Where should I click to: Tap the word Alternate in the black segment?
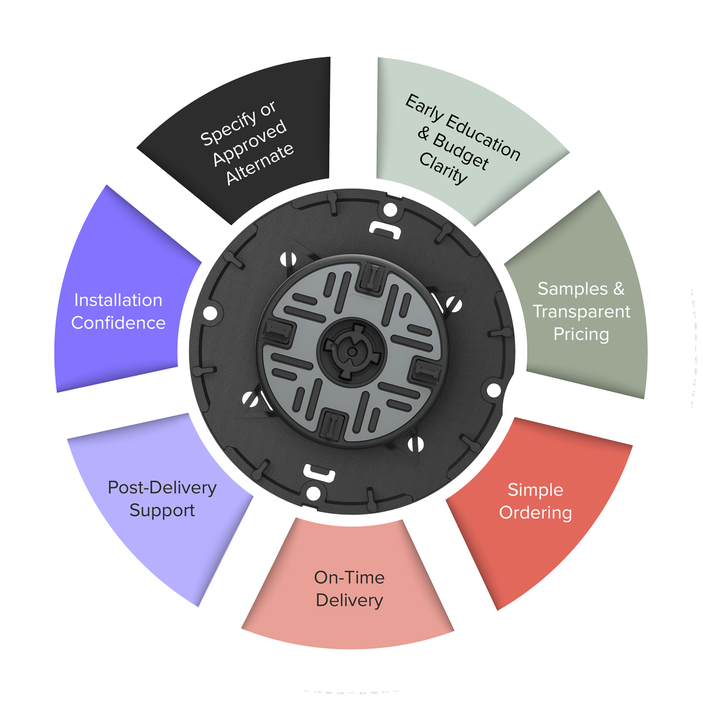point(260,163)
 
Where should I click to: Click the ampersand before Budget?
point(424,133)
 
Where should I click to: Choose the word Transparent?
point(581,312)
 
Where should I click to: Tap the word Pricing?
point(581,334)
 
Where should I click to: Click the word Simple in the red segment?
point(535,490)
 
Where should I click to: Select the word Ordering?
point(535,513)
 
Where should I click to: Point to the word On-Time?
point(349,578)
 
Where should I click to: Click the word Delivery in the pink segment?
point(349,600)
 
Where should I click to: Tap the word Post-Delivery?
point(162,487)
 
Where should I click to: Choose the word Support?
point(162,510)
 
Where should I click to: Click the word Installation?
point(118,300)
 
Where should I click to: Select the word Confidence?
point(118,323)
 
